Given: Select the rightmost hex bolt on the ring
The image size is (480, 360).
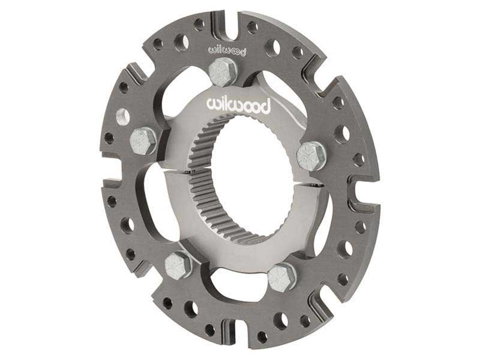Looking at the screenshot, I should pos(311,155).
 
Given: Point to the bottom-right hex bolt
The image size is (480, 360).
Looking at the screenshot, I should pos(281,277).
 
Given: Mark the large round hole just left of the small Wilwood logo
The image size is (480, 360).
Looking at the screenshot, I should pos(182,43).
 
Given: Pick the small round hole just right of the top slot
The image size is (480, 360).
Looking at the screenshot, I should pos(252,27).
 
